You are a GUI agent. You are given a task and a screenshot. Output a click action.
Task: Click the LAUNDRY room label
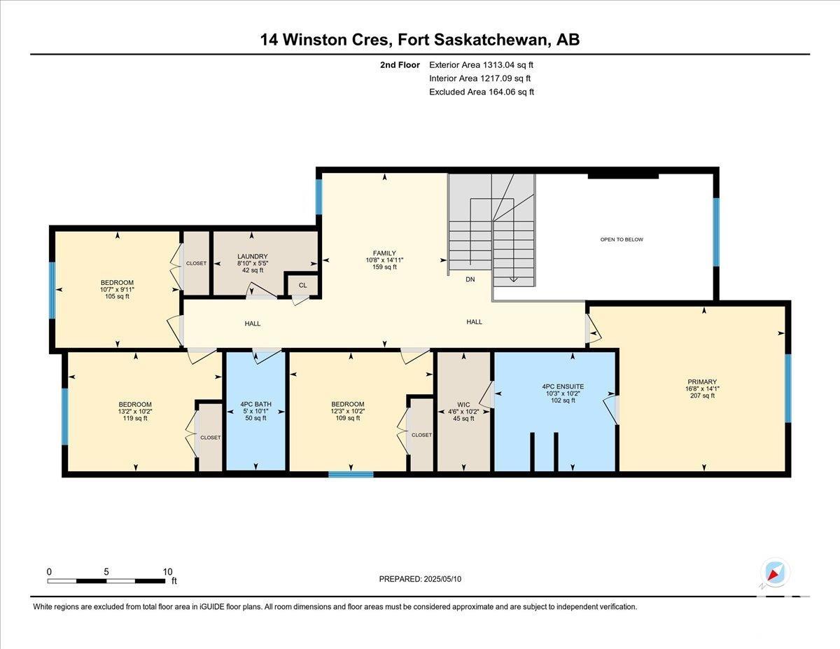(x=253, y=256)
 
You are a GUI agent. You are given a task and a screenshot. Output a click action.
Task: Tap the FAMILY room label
(x=384, y=253)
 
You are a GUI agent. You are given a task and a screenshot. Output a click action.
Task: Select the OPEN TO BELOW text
(x=622, y=239)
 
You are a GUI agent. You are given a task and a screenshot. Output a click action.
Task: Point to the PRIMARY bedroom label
(x=702, y=382)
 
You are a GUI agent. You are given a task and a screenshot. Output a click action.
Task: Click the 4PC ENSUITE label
(x=563, y=386)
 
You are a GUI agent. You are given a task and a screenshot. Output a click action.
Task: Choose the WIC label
(x=463, y=405)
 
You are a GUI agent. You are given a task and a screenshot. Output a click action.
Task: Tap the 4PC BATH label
(x=255, y=405)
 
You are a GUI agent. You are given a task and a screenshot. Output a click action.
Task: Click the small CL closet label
(x=302, y=285)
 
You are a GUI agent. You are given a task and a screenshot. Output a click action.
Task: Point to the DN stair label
(x=470, y=279)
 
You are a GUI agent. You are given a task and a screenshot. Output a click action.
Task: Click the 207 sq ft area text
(x=702, y=396)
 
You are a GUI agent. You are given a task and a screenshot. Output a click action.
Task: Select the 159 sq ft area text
(x=384, y=267)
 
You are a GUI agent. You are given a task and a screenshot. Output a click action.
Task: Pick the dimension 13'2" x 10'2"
(x=135, y=411)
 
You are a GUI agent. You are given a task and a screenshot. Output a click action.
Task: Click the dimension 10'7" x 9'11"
(x=117, y=290)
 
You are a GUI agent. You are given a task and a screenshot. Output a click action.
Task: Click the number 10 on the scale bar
(x=167, y=572)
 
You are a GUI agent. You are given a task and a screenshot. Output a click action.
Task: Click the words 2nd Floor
(x=400, y=65)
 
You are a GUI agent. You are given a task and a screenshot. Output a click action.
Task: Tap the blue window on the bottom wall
(x=351, y=474)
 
